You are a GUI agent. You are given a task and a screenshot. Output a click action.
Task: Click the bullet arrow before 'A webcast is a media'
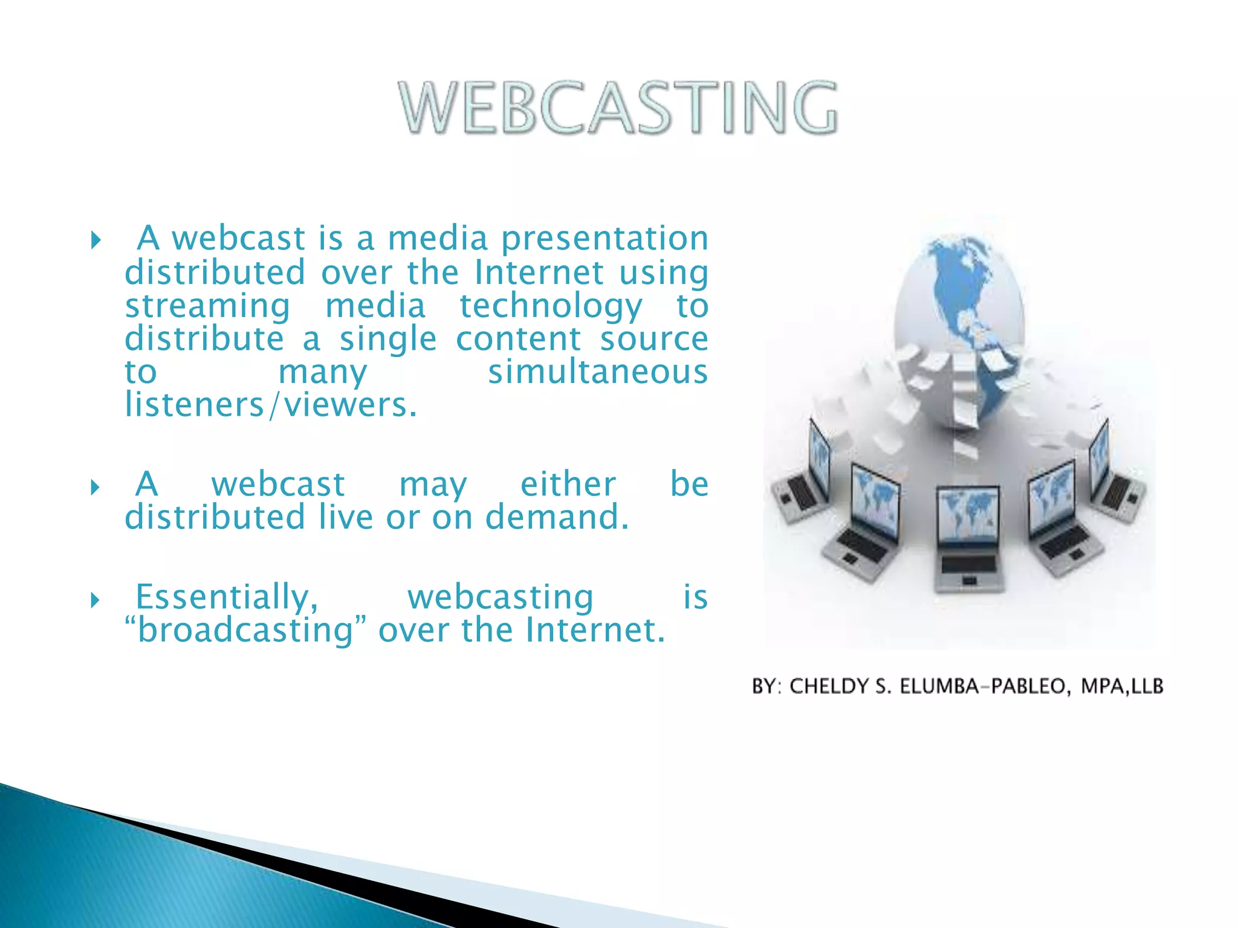(x=96, y=240)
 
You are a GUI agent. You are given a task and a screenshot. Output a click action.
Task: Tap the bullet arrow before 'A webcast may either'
(x=95, y=487)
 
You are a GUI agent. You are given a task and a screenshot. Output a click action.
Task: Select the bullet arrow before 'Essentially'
(x=95, y=600)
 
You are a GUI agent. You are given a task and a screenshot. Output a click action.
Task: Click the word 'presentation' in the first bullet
(x=604, y=239)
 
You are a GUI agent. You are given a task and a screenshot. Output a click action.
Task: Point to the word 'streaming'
(x=207, y=307)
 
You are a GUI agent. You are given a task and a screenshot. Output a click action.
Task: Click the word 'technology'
(x=550, y=307)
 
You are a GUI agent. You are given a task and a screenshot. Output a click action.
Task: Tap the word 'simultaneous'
(x=597, y=372)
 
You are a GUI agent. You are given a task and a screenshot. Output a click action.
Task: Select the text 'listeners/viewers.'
(x=271, y=405)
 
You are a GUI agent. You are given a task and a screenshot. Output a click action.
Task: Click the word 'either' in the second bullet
(x=568, y=485)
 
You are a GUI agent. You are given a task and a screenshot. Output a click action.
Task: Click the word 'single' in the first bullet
(x=387, y=340)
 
